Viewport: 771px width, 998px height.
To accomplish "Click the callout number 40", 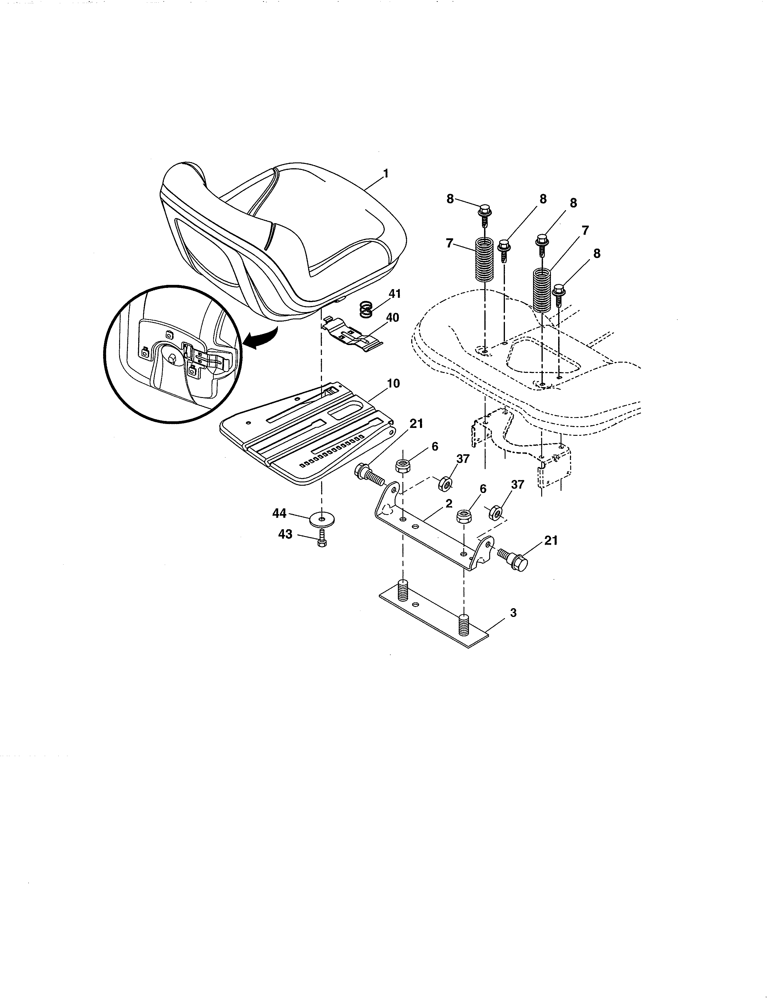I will [x=392, y=317].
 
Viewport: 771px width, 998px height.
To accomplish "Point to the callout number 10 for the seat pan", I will [x=393, y=383].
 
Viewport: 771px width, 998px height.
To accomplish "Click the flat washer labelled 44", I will [x=323, y=520].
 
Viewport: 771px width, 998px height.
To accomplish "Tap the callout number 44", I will [x=280, y=514].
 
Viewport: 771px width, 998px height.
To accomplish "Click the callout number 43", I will [x=285, y=534].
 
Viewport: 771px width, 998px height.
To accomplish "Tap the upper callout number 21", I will [x=416, y=424].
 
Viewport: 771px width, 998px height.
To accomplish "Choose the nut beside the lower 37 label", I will [x=495, y=512].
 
